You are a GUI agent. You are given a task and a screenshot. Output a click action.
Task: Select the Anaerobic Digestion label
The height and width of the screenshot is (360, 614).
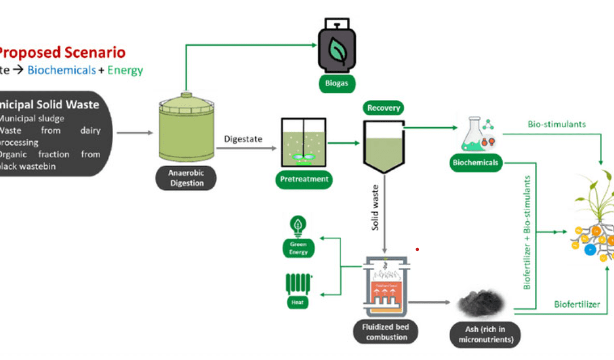[x=187, y=179]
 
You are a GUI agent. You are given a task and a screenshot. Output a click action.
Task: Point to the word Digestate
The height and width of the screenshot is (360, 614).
[x=243, y=138]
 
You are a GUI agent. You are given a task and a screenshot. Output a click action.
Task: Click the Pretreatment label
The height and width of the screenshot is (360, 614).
[x=304, y=179]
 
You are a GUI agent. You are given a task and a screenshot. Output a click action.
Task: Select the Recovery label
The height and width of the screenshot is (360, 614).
[x=384, y=108]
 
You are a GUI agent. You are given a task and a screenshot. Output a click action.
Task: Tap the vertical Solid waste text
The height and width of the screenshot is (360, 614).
[x=375, y=210]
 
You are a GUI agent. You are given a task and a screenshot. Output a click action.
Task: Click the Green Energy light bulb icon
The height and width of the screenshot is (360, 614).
[x=298, y=226]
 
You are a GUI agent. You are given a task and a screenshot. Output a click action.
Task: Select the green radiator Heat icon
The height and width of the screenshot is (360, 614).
[x=298, y=283]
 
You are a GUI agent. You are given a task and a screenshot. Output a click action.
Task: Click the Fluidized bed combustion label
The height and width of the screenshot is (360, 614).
[x=386, y=332]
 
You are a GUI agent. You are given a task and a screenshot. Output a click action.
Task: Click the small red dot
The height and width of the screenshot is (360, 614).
[x=417, y=249]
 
